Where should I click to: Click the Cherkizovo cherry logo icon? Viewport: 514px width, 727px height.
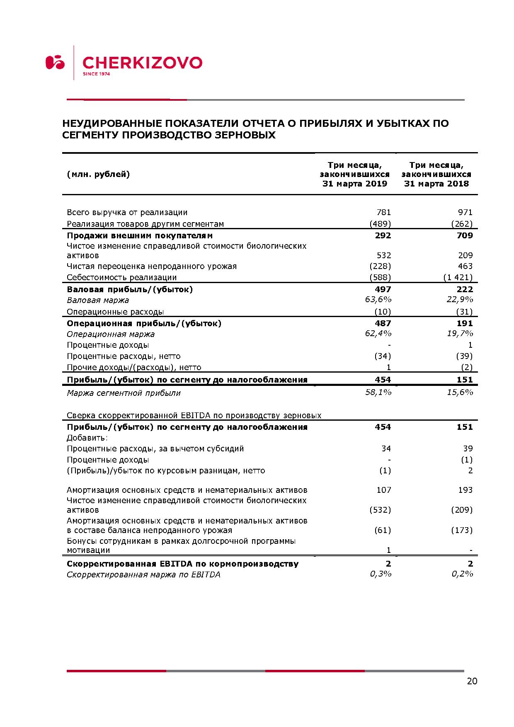coord(55,62)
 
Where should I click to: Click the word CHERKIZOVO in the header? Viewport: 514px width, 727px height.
coord(143,63)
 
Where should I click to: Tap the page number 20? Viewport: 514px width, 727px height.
coord(472,681)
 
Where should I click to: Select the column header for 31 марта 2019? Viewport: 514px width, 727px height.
coord(355,174)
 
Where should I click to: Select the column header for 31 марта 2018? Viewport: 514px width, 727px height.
coord(436,174)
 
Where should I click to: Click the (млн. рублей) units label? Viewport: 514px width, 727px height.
coord(98,174)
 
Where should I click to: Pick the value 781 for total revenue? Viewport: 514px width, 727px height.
coord(383,213)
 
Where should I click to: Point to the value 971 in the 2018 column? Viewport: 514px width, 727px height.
coord(465,213)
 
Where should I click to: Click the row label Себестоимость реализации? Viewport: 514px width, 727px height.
coord(122,278)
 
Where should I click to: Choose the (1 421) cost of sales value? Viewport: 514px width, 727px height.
coord(458,278)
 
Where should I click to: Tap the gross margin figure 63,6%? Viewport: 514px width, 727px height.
coord(378,300)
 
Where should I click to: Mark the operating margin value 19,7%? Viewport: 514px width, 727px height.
coord(460,334)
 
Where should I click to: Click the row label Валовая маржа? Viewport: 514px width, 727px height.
coord(98,300)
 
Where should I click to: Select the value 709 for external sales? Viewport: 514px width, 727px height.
coord(464,236)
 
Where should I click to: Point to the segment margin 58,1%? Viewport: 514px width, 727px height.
coord(378,392)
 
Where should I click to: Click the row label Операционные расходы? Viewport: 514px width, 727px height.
coord(115,312)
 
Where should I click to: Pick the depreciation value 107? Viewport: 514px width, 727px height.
coord(383,490)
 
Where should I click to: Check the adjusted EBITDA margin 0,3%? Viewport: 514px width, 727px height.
coord(381,574)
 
